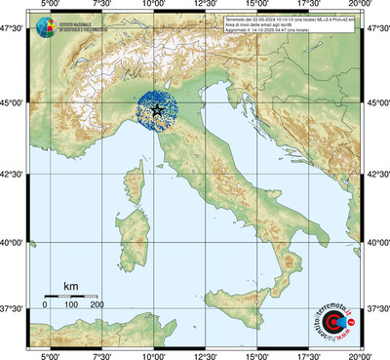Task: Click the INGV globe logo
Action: coord(46,26)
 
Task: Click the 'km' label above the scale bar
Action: coord(71,285)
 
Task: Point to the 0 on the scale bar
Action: coord(45,305)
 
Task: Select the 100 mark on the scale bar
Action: coord(71,305)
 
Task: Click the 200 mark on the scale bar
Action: coord(97,305)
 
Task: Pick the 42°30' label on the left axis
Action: coord(13,175)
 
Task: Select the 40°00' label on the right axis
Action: coord(376,243)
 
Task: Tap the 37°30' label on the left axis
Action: coord(13,309)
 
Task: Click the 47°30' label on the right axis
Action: coord(376,30)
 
